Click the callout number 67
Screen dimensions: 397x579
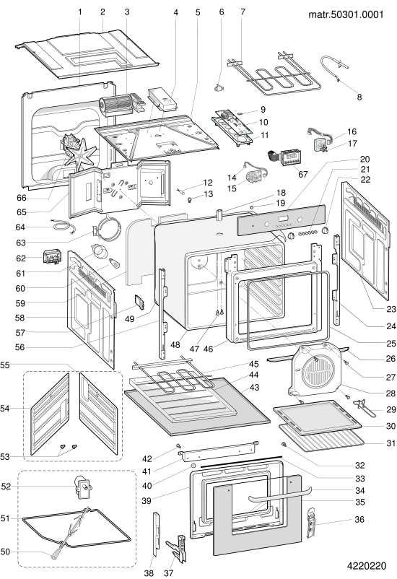(303, 174)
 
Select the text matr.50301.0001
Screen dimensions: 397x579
(346, 14)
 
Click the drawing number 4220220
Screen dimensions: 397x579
(367, 566)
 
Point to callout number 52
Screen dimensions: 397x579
(6, 487)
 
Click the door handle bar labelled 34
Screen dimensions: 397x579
(279, 494)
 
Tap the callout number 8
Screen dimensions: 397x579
(359, 97)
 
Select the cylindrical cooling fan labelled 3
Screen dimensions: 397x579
(115, 105)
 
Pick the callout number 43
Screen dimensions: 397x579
(254, 388)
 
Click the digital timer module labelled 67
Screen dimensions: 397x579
(291, 157)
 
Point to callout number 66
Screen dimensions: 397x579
(22, 198)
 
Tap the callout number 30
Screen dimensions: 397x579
(391, 426)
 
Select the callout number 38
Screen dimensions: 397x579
(149, 573)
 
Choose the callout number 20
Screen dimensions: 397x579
(365, 159)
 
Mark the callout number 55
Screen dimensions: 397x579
(5, 365)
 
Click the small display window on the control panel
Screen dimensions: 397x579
(284, 217)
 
